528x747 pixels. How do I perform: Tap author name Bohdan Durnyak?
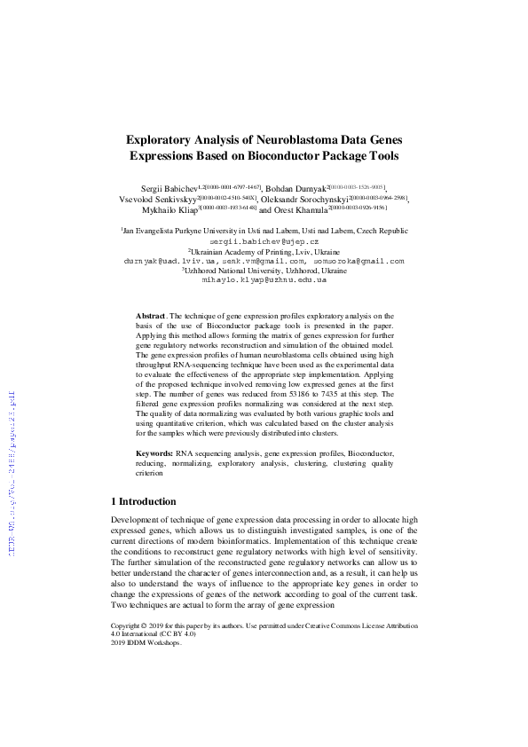(x=297, y=190)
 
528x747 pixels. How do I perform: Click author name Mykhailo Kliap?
(x=169, y=211)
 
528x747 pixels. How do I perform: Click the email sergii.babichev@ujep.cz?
(x=264, y=241)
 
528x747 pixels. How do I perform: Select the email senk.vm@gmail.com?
(x=271, y=261)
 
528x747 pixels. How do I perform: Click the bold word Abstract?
(x=150, y=316)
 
